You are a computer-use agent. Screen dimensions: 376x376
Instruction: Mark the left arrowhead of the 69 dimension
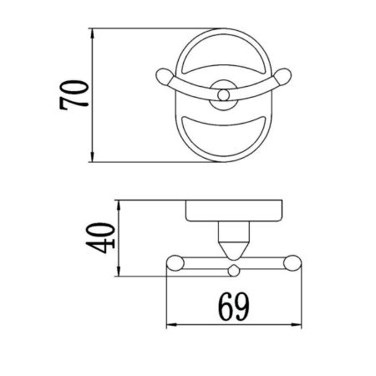tap(172, 325)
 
